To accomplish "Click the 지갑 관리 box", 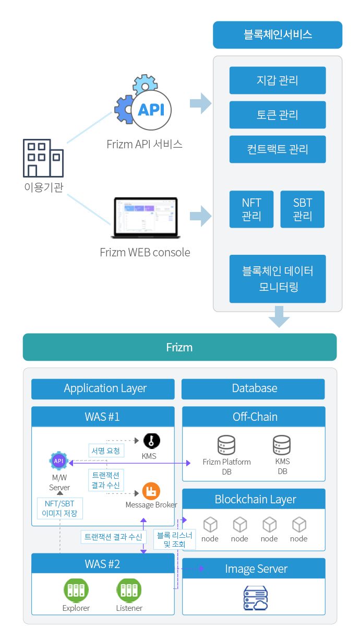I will click(278, 80).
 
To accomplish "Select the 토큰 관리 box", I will click(278, 115).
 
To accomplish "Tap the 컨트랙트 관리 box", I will click(278, 149).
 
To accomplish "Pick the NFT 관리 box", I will click(251, 209).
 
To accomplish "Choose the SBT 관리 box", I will click(303, 209).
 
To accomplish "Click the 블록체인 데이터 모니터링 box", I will click(278, 279).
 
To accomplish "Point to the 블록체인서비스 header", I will click(278, 35).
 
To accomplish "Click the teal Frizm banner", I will click(179, 347).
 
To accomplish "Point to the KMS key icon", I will click(151, 441).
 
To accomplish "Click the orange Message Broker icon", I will click(151, 491).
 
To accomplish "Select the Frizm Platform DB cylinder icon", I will click(226, 445).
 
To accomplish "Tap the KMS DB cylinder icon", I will click(282, 445).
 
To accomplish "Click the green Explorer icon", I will click(76, 590).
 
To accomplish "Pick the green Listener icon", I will click(129, 590).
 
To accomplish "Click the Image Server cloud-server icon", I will click(256, 598).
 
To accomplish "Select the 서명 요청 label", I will click(105, 451).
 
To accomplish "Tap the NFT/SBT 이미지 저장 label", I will click(60, 508).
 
